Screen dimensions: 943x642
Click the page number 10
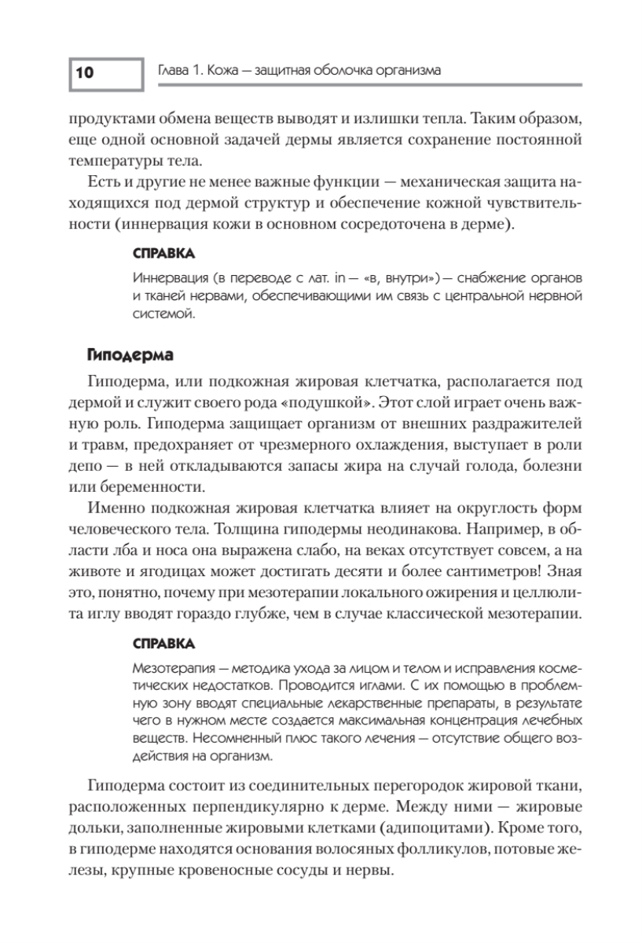[85, 73]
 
